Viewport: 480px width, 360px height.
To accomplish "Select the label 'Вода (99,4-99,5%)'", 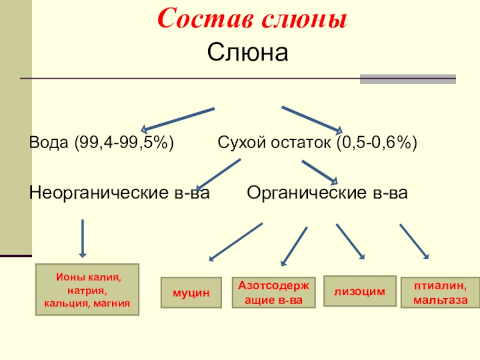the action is (x=102, y=144).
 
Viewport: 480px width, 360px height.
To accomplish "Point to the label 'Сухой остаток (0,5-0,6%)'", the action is (x=317, y=144).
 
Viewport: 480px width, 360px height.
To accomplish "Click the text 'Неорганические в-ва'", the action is (x=120, y=193).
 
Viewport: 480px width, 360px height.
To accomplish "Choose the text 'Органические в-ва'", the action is (x=328, y=193).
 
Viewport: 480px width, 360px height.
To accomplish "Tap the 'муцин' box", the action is (x=191, y=293).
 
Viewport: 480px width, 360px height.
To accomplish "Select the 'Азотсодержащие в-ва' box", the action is (x=274, y=293).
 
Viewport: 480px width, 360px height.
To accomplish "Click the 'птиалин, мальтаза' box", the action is (x=440, y=292).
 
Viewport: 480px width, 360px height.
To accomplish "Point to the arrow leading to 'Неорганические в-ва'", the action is (x=219, y=173).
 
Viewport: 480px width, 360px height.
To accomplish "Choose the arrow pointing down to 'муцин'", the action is (x=235, y=242).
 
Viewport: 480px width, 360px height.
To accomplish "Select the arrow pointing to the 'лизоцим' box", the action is (x=350, y=242).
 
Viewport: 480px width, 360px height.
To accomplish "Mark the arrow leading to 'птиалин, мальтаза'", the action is (x=414, y=242).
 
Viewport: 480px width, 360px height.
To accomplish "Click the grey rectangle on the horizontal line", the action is (x=407, y=79).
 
